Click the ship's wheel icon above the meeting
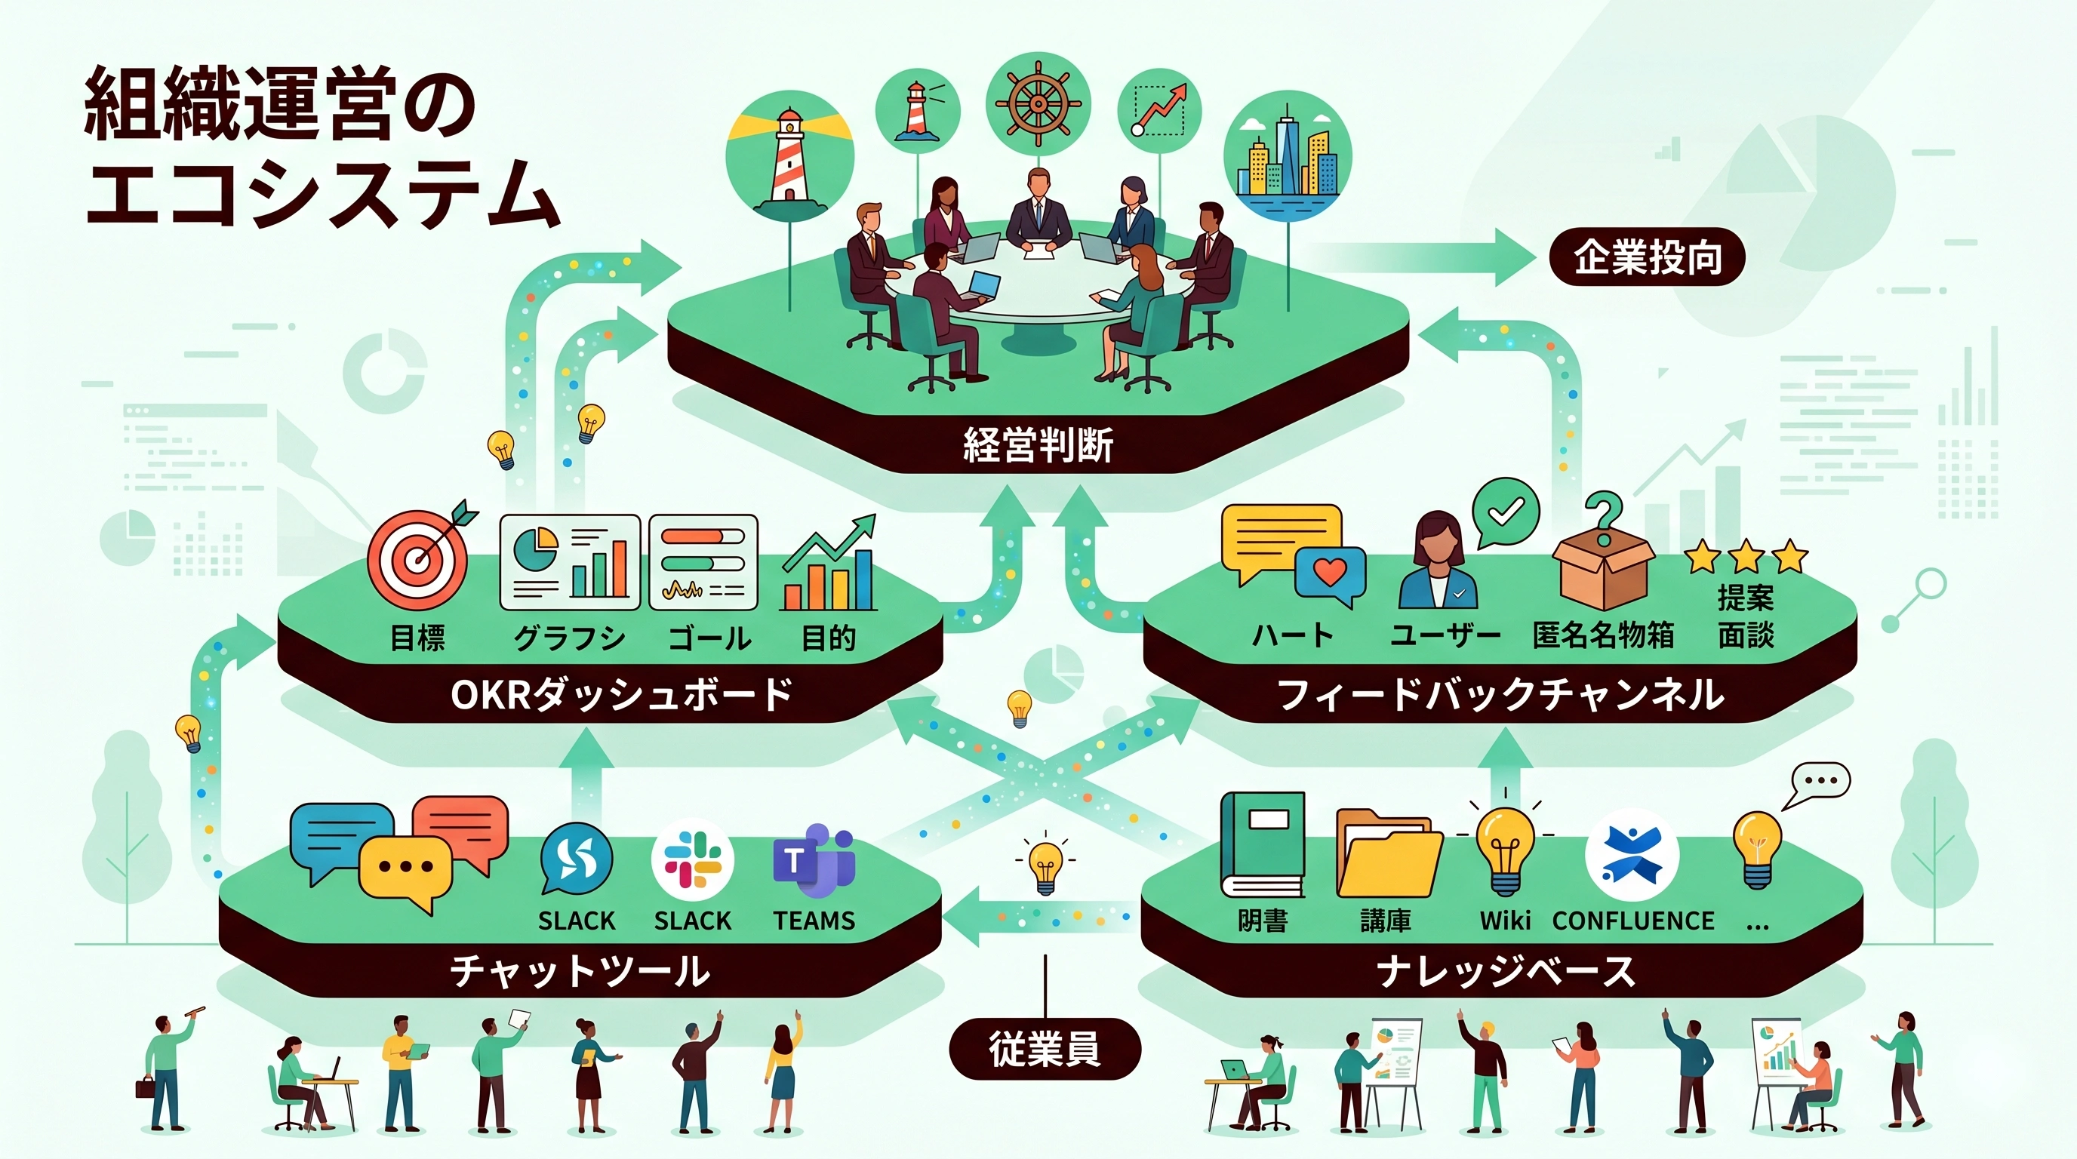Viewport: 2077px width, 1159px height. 1038,105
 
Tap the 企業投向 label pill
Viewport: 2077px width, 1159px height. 1648,257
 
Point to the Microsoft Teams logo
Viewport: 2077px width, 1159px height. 813,862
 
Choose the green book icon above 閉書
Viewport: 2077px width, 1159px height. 1263,844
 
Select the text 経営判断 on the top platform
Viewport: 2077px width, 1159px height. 1038,445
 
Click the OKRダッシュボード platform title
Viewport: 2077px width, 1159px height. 622,695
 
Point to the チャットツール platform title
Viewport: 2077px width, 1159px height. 580,971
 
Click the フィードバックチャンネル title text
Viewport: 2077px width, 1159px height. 1500,695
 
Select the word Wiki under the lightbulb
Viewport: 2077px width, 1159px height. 1504,921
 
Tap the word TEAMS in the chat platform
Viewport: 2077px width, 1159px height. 814,921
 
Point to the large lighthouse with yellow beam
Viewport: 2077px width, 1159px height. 789,155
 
